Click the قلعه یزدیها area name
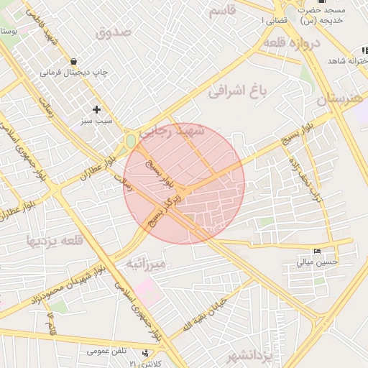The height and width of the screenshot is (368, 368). click(55, 239)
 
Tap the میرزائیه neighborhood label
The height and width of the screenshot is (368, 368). click(147, 263)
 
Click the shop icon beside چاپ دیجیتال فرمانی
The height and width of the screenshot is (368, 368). click(74, 61)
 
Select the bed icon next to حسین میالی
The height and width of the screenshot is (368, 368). click(318, 252)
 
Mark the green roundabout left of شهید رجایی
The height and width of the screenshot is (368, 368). click(131, 142)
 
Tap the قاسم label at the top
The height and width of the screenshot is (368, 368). click(221, 11)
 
